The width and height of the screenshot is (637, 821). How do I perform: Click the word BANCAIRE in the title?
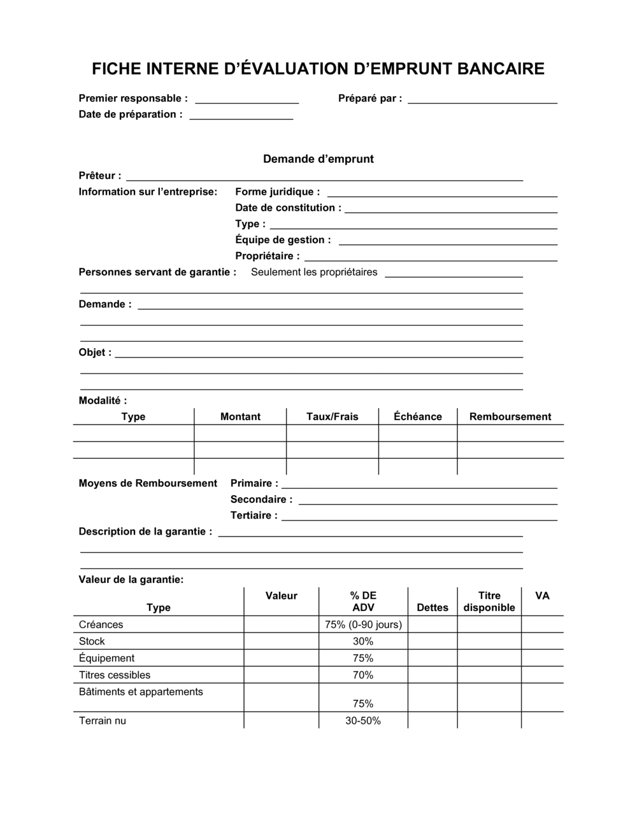point(501,69)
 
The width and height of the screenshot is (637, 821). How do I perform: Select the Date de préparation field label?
point(131,115)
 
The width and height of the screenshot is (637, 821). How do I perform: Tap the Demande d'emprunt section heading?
point(318,159)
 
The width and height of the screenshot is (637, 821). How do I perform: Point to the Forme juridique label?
point(278,192)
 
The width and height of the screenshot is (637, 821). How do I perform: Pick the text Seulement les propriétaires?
point(314,272)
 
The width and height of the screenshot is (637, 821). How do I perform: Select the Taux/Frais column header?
point(333,417)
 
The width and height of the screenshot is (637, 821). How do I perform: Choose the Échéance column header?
point(418,417)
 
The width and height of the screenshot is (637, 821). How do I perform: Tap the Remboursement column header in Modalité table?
point(510,417)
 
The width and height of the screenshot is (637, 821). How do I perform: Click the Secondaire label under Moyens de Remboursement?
point(261,500)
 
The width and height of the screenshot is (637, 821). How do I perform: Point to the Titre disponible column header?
point(489,601)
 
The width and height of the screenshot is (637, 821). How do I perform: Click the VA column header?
point(542,596)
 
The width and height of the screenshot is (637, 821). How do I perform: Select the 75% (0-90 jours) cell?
point(363,624)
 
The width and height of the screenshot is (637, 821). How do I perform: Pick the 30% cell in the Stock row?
point(363,642)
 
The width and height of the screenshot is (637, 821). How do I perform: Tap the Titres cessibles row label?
point(115,675)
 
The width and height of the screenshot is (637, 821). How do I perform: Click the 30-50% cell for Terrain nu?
point(363,721)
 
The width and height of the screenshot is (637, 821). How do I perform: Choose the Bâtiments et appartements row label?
point(141,692)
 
